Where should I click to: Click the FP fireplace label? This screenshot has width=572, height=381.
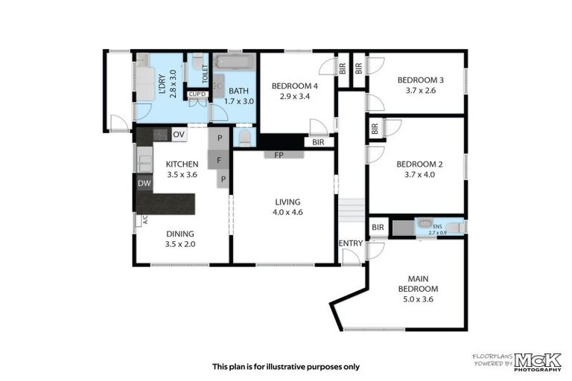coord(279,156)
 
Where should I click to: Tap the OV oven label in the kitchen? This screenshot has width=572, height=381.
coord(179,135)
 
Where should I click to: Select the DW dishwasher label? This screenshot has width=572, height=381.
coord(144,183)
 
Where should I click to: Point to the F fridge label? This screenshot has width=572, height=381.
coord(219,159)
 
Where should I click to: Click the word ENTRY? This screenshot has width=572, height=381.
coord(351,243)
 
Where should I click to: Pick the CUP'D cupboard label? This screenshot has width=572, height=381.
coord(197,95)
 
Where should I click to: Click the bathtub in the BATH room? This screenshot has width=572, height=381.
coord(235,62)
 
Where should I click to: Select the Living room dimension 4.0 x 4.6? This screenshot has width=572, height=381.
coord(287,212)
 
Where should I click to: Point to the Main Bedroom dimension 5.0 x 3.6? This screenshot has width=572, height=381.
coord(417,299)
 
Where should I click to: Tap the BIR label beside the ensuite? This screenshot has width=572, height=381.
coord(378,227)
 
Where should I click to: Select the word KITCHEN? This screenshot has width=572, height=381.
coord(182,164)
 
